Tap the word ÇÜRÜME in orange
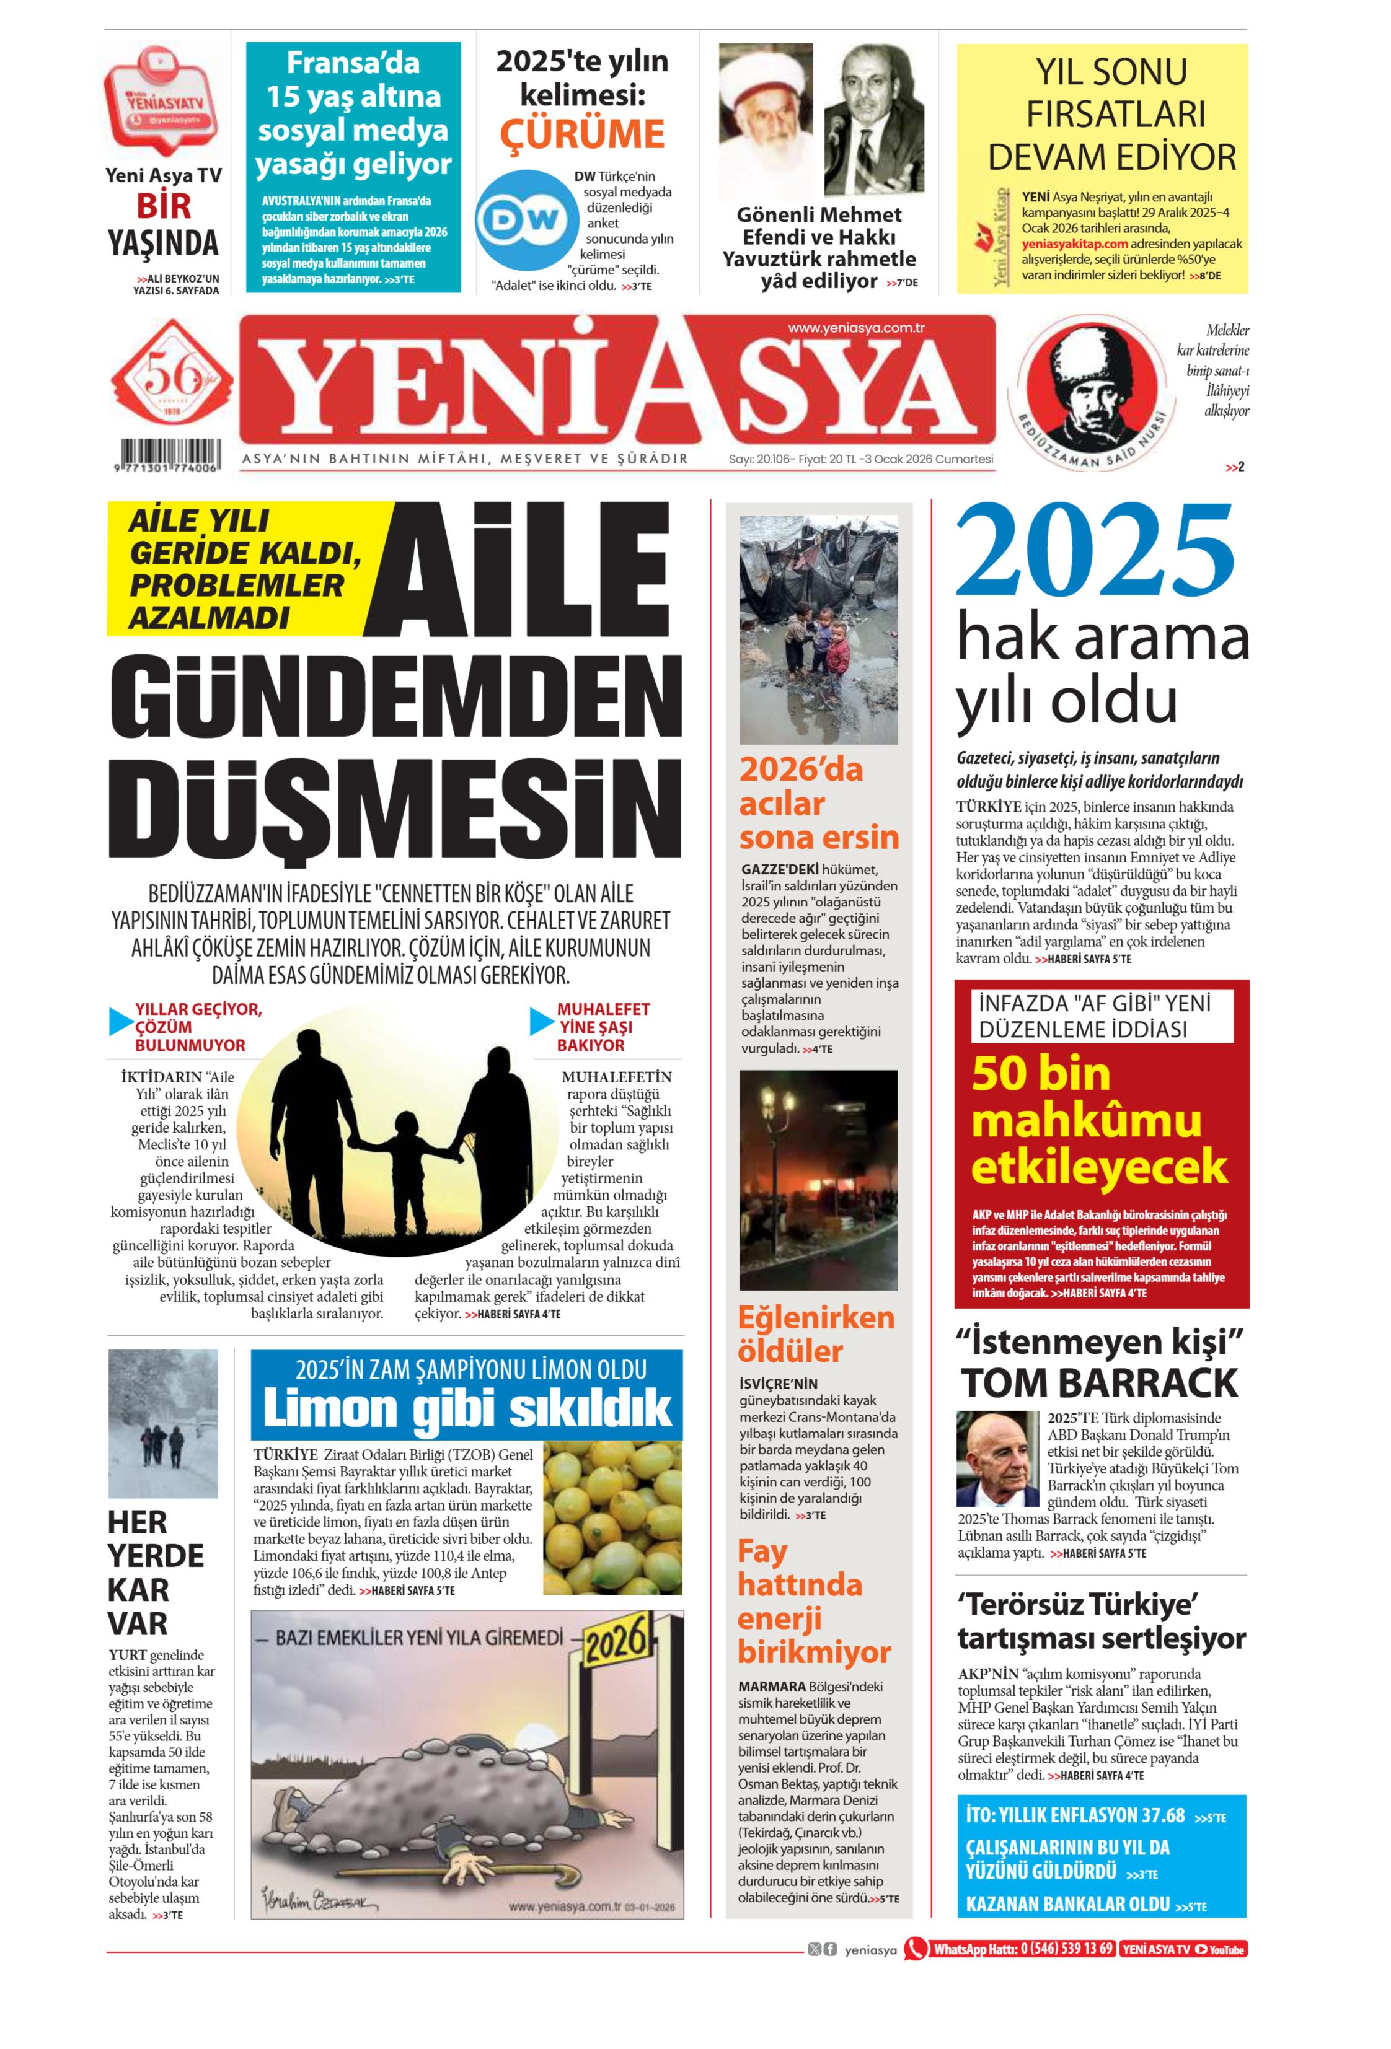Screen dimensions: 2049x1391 tap(582, 134)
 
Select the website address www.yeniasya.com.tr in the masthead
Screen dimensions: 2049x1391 tap(855, 329)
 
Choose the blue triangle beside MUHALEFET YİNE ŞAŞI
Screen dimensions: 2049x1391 tap(542, 1021)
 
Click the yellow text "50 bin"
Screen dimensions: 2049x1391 tap(1040, 1073)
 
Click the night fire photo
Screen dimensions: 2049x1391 tap(818, 1180)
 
